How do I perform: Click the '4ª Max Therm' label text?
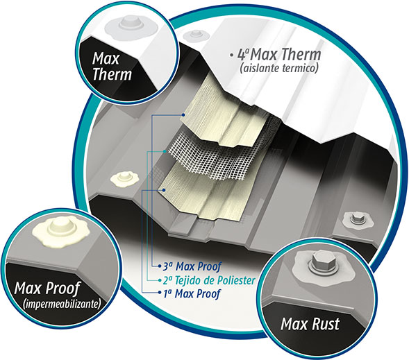(279, 54)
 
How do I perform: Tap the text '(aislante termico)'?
(279, 69)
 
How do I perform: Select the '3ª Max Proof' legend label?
(192, 266)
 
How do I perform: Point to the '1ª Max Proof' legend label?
(192, 293)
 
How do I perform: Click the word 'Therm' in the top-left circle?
(112, 74)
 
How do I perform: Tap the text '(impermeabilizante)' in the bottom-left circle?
(62, 304)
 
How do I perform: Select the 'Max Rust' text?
(310, 324)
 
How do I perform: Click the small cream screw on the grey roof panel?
(125, 178)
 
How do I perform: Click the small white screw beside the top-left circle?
(195, 35)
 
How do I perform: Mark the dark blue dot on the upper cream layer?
(183, 115)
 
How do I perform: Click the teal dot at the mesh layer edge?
(165, 151)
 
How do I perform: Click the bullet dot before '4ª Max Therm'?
(231, 55)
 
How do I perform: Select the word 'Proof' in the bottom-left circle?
(63, 289)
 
